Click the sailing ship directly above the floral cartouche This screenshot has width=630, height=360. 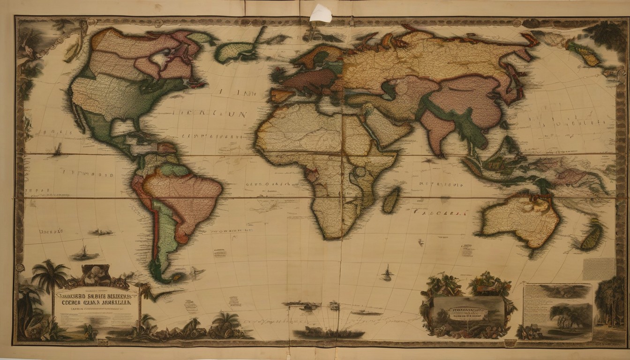[387, 273]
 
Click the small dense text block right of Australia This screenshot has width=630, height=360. [599, 269]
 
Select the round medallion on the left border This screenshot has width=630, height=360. [19, 268]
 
